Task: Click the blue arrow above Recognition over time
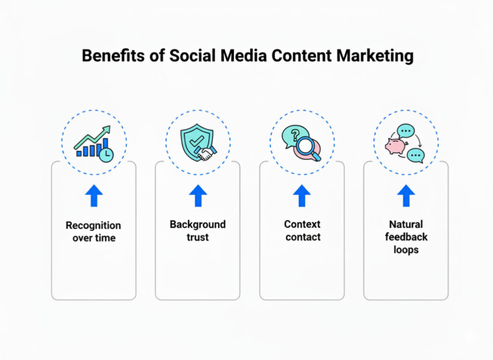tap(93, 196)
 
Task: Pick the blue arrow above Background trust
tap(197, 196)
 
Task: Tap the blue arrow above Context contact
tap(302, 196)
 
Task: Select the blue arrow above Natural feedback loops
tap(406, 196)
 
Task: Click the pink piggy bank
tap(395, 146)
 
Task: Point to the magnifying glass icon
tap(307, 147)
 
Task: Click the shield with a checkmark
tap(195, 140)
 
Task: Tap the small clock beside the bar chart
tap(106, 154)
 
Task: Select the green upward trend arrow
tap(94, 136)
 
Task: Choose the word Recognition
tap(93, 226)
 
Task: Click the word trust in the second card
tap(197, 237)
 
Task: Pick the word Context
tap(302, 225)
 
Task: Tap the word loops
tap(406, 250)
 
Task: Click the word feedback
tap(406, 237)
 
